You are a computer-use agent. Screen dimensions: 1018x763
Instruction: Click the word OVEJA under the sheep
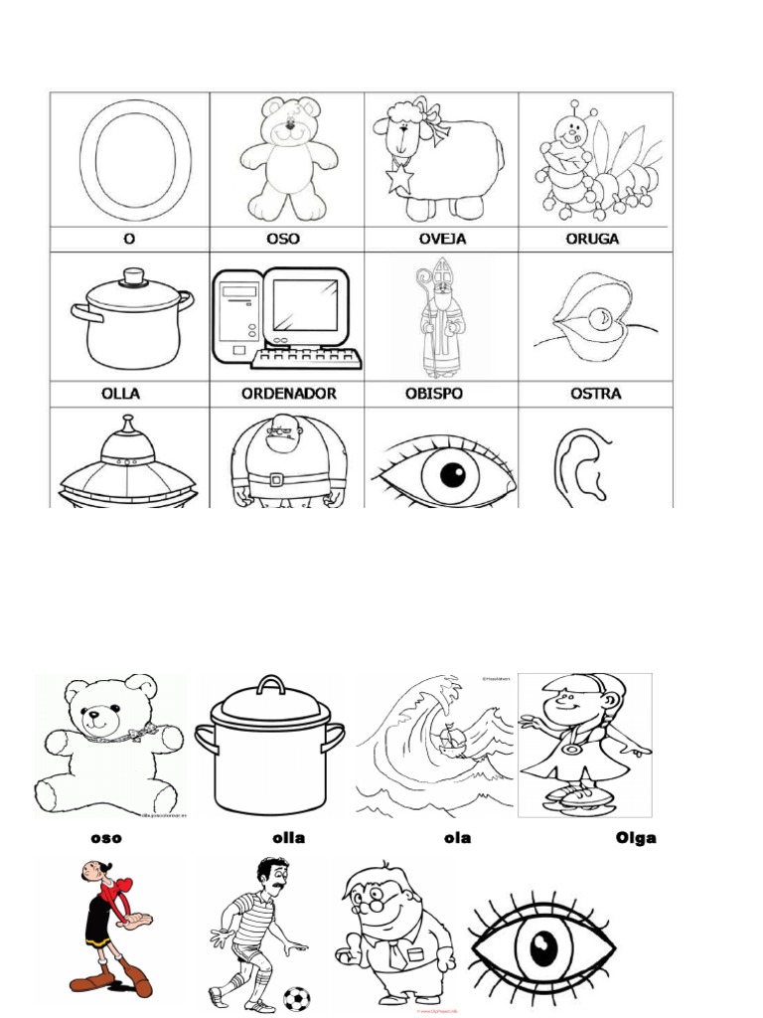pyautogui.click(x=441, y=239)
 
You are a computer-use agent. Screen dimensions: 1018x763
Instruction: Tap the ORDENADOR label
pyautogui.click(x=288, y=394)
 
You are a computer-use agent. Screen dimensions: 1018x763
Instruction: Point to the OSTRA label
pyautogui.click(x=596, y=394)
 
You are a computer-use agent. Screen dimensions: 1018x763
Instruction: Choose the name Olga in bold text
pyautogui.click(x=635, y=838)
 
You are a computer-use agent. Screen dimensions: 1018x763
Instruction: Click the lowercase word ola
pyautogui.click(x=457, y=838)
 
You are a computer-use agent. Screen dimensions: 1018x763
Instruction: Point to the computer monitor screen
pyautogui.click(x=305, y=305)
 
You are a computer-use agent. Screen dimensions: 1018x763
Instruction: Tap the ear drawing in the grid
pyautogui.click(x=587, y=465)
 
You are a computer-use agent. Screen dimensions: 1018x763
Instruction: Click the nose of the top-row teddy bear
pyautogui.click(x=289, y=126)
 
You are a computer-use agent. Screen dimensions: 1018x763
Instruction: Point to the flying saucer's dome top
pyautogui.click(x=127, y=437)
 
